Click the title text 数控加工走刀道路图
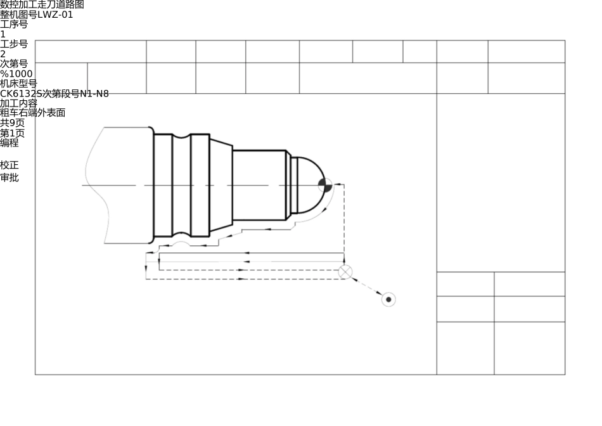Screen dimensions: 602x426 tap(42, 4)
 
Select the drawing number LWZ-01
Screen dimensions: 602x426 tap(55, 15)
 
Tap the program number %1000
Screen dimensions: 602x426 tap(16, 74)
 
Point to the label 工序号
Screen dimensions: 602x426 tap(14, 24)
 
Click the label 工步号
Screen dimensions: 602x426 tap(14, 44)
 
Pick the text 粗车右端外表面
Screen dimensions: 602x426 tap(32, 113)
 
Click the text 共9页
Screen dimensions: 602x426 tap(12, 123)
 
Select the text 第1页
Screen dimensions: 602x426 tap(12, 133)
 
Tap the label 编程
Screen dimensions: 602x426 tap(10, 143)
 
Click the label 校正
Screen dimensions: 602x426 tap(10, 165)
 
